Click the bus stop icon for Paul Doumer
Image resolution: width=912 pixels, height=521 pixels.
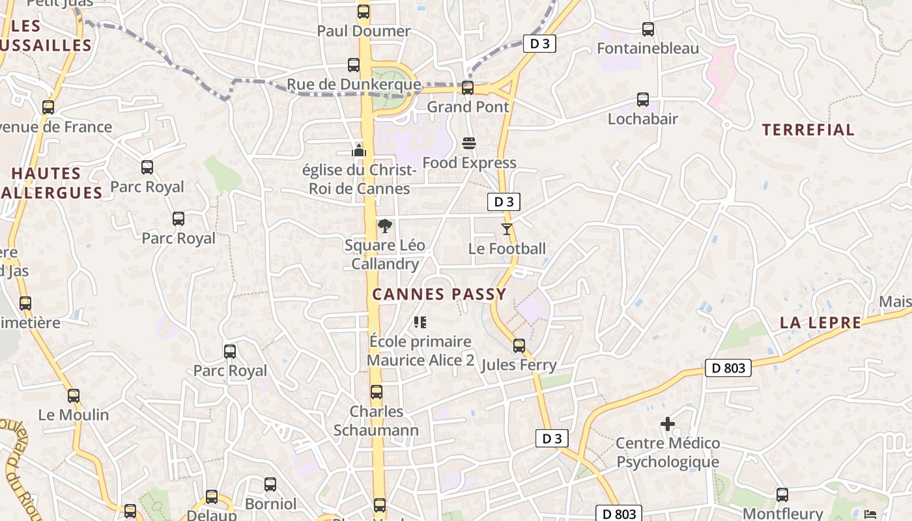tap(363, 12)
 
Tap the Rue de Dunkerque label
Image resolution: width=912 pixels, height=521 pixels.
tap(354, 85)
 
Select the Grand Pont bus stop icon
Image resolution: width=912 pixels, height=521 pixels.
tap(467, 87)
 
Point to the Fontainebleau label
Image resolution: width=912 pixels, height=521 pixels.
tap(648, 48)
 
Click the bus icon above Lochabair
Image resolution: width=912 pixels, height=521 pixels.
tap(643, 100)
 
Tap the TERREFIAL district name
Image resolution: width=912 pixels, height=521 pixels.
tap(808, 130)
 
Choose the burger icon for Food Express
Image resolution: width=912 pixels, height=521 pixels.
tap(469, 143)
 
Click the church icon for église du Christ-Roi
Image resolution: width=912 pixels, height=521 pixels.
tap(359, 150)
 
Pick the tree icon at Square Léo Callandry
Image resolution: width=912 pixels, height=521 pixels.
tap(385, 226)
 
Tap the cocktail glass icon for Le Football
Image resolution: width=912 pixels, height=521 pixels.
tap(507, 229)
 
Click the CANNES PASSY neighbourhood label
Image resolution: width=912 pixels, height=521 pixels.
tap(439, 294)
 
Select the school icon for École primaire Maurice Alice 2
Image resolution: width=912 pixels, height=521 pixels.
tap(420, 322)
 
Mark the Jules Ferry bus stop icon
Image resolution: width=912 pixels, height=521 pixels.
tap(519, 345)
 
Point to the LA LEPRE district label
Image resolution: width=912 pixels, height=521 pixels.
tap(820, 323)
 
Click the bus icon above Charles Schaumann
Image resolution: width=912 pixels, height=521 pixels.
tap(377, 392)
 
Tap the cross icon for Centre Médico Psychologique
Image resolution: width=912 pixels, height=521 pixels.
tap(668, 424)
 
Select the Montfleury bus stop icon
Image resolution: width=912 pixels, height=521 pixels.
tap(782, 494)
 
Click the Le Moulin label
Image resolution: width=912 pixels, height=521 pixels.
tap(74, 415)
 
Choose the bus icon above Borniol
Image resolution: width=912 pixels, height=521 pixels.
tap(270, 485)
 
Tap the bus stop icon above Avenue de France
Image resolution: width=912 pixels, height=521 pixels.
tap(48, 107)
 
